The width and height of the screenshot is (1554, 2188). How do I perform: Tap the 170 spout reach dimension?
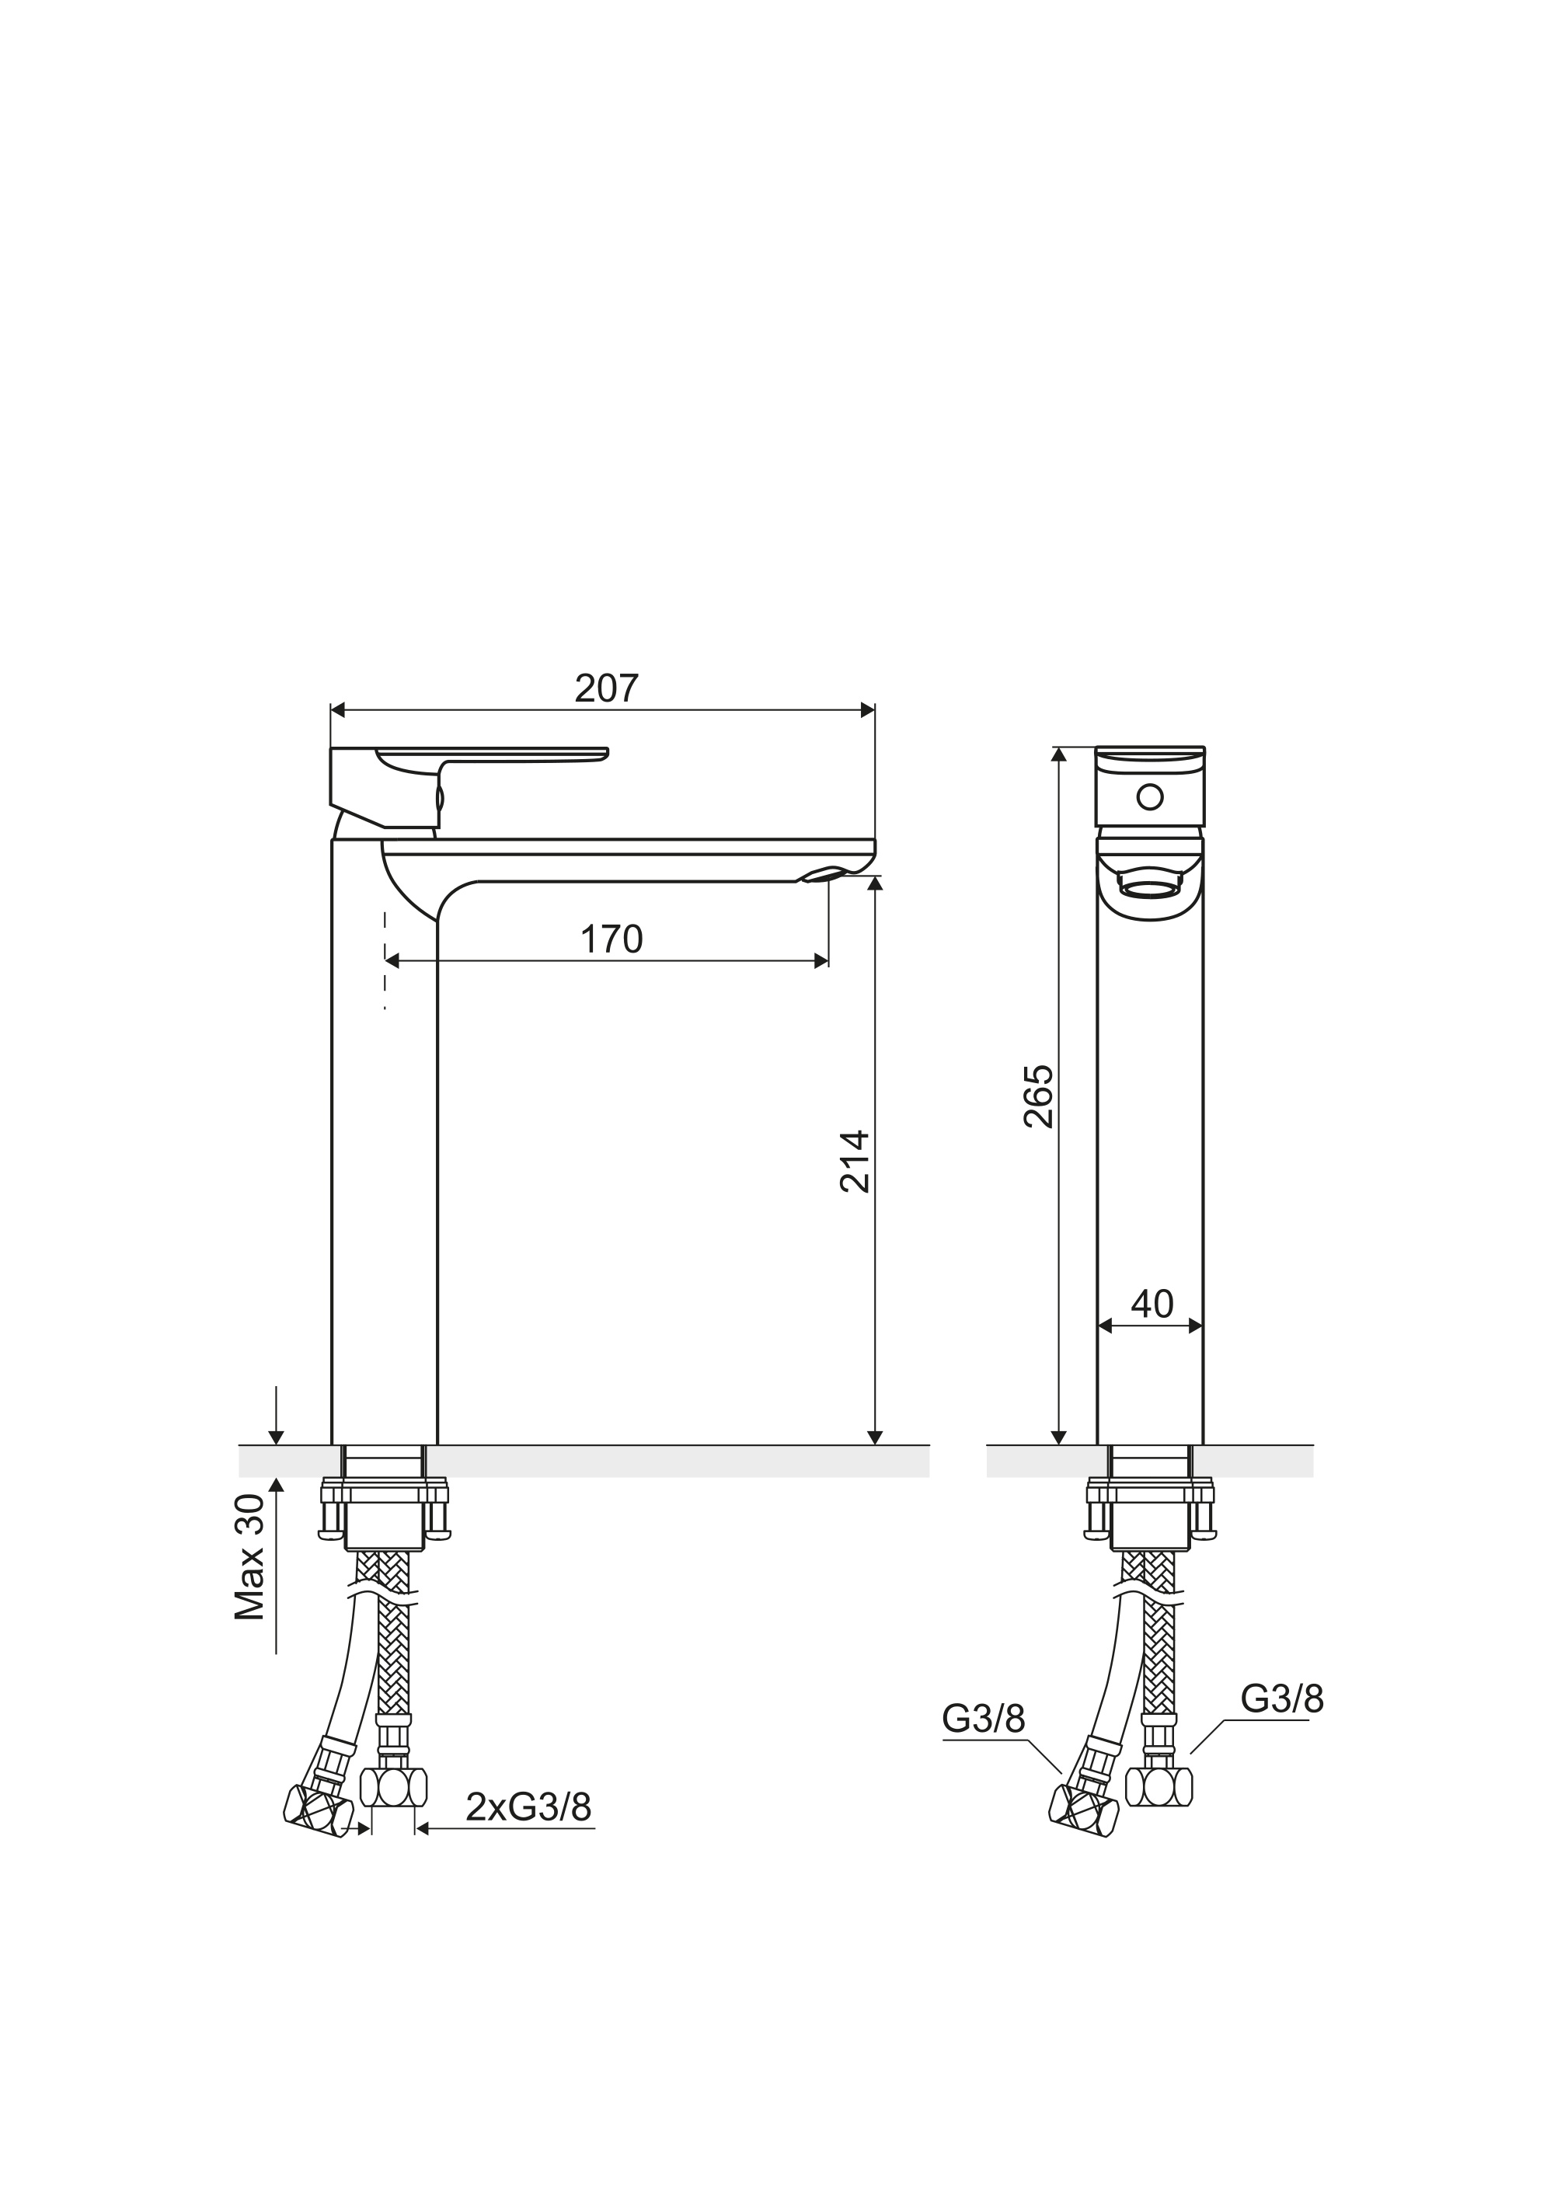click(611, 939)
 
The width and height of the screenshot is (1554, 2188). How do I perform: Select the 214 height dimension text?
click(855, 1162)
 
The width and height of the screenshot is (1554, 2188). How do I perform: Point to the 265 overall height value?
click(1038, 1096)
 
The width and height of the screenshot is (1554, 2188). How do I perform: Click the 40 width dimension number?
click(1152, 1303)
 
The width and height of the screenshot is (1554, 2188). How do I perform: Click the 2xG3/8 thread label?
click(528, 1807)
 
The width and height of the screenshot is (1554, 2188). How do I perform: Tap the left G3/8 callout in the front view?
click(984, 1719)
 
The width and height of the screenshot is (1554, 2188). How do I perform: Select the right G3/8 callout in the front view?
click(1282, 1698)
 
